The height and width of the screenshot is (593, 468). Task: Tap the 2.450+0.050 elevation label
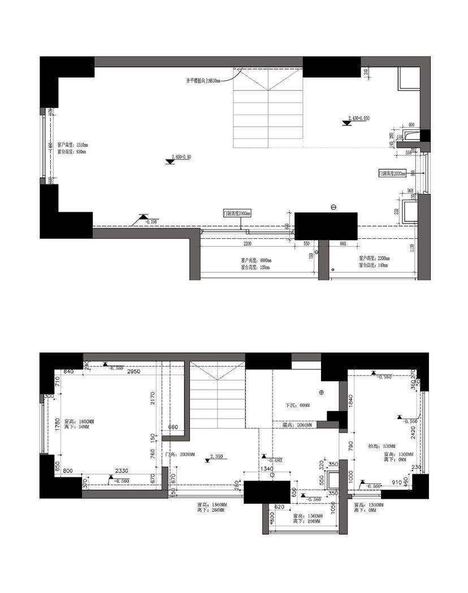359,118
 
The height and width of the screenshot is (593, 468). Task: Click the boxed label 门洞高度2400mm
237,213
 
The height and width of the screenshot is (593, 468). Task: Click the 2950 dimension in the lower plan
133,373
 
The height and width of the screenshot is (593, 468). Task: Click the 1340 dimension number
267,469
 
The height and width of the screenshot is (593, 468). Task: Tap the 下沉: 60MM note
298,405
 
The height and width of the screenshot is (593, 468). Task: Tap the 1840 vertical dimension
351,402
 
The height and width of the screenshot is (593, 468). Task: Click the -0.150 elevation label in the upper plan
150,222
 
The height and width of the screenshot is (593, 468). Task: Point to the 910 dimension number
397,483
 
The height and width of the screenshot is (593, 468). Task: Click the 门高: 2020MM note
180,454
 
